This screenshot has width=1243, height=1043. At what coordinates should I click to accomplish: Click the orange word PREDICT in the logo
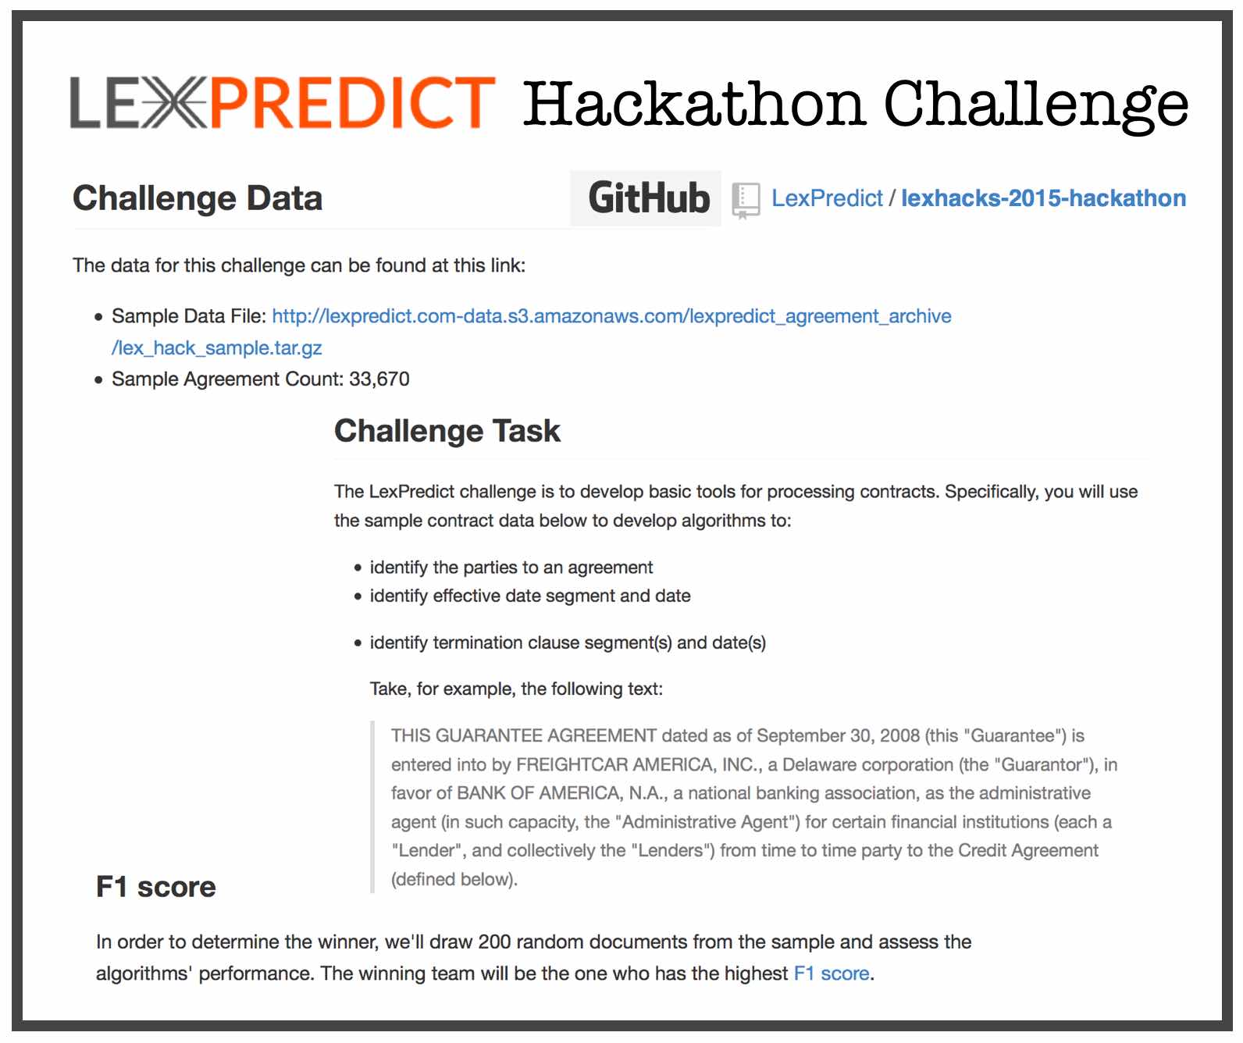click(352, 102)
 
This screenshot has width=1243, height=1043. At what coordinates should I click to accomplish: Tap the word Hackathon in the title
click(693, 104)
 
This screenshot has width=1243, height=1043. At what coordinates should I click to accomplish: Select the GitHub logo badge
click(645, 198)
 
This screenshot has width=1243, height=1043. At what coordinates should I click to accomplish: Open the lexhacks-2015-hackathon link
click(1043, 198)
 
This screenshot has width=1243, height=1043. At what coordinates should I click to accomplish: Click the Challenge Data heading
click(197, 198)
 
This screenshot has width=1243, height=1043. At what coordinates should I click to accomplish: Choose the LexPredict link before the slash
click(827, 198)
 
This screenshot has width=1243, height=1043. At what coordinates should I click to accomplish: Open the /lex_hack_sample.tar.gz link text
click(217, 347)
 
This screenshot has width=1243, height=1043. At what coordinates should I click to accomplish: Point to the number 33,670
click(379, 379)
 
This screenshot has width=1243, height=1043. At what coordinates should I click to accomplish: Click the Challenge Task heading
click(447, 431)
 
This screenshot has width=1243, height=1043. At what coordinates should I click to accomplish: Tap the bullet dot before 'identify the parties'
click(358, 568)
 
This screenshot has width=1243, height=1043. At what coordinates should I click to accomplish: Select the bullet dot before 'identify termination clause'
click(358, 643)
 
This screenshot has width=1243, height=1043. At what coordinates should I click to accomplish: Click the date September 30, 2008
click(838, 736)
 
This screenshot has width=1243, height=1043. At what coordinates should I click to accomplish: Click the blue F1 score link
click(831, 974)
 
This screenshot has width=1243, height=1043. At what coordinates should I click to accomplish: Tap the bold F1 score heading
click(156, 887)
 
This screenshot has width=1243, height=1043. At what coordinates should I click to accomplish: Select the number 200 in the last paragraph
click(494, 942)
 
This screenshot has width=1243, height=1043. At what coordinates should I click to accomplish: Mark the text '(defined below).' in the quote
click(454, 879)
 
